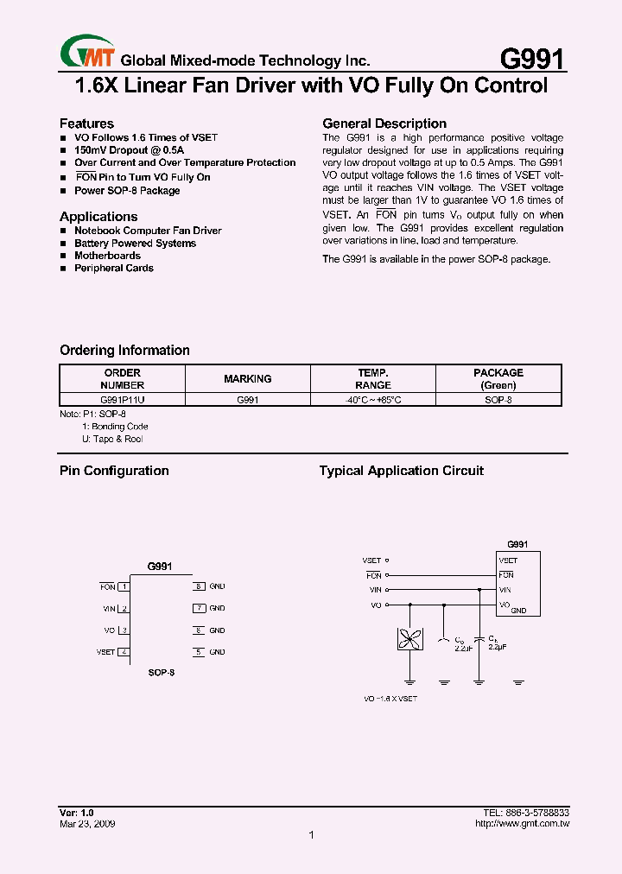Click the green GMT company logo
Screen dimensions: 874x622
[x=87, y=53]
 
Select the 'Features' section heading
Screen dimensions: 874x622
[x=86, y=123]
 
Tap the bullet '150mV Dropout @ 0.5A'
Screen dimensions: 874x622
[x=129, y=150]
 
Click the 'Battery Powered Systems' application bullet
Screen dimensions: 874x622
[x=135, y=244]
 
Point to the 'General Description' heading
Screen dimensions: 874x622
[x=384, y=123]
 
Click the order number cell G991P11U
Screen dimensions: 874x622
[x=122, y=400]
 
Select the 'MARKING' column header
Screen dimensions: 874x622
[x=247, y=379]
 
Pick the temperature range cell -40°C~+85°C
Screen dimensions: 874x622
[x=373, y=400]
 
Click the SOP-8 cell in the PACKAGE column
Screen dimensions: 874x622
[x=498, y=400]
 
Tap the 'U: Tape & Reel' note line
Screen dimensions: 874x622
[x=112, y=439]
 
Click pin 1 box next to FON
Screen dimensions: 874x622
[x=124, y=587]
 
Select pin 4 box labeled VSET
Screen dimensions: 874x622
[x=124, y=652]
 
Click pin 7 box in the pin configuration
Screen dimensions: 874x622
[x=198, y=608]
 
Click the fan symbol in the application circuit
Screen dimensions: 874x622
[x=408, y=640]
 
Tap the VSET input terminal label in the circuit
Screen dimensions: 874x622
[x=371, y=560]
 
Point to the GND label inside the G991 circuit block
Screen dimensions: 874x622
[x=518, y=611]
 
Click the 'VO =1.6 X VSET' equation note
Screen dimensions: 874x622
[x=391, y=698]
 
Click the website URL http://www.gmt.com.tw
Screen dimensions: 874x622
[x=522, y=824]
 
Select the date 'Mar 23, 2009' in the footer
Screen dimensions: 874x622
[x=87, y=824]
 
